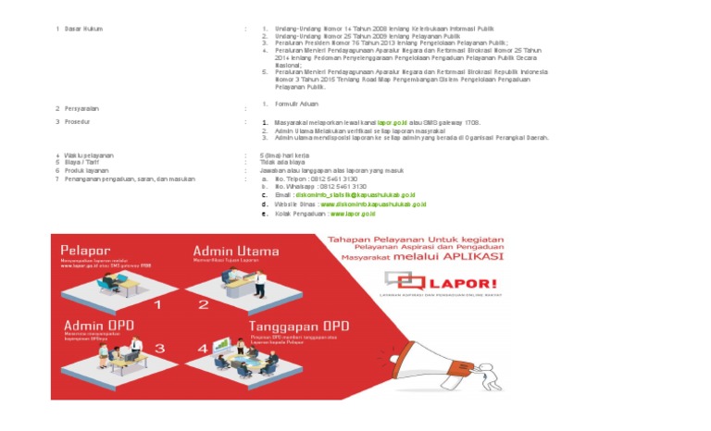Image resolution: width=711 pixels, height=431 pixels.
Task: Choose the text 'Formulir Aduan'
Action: click(296, 105)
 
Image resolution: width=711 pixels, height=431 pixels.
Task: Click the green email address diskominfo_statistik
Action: click(354, 196)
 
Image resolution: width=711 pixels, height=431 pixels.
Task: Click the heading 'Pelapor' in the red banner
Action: click(85, 250)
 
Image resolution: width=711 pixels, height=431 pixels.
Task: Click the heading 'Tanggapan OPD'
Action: click(298, 326)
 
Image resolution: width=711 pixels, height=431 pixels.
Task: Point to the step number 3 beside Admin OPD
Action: click(159, 349)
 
